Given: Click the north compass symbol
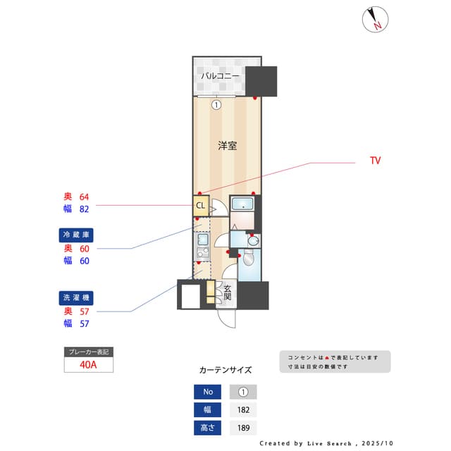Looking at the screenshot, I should click(376, 20).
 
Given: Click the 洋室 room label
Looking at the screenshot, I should click(226, 146).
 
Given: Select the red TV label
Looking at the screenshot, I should click(375, 161).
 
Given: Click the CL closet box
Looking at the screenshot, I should click(200, 206).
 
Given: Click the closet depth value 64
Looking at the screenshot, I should click(85, 197).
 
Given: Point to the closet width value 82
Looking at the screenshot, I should click(85, 209).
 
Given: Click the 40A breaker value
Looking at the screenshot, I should click(88, 365).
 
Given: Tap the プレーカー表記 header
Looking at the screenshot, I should click(88, 352).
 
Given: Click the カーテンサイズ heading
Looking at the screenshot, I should click(225, 369).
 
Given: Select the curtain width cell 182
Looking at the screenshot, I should click(243, 409).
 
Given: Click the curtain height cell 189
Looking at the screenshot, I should click(243, 427).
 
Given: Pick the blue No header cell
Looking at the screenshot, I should click(207, 392).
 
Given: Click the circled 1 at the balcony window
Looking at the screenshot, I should click(216, 104).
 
